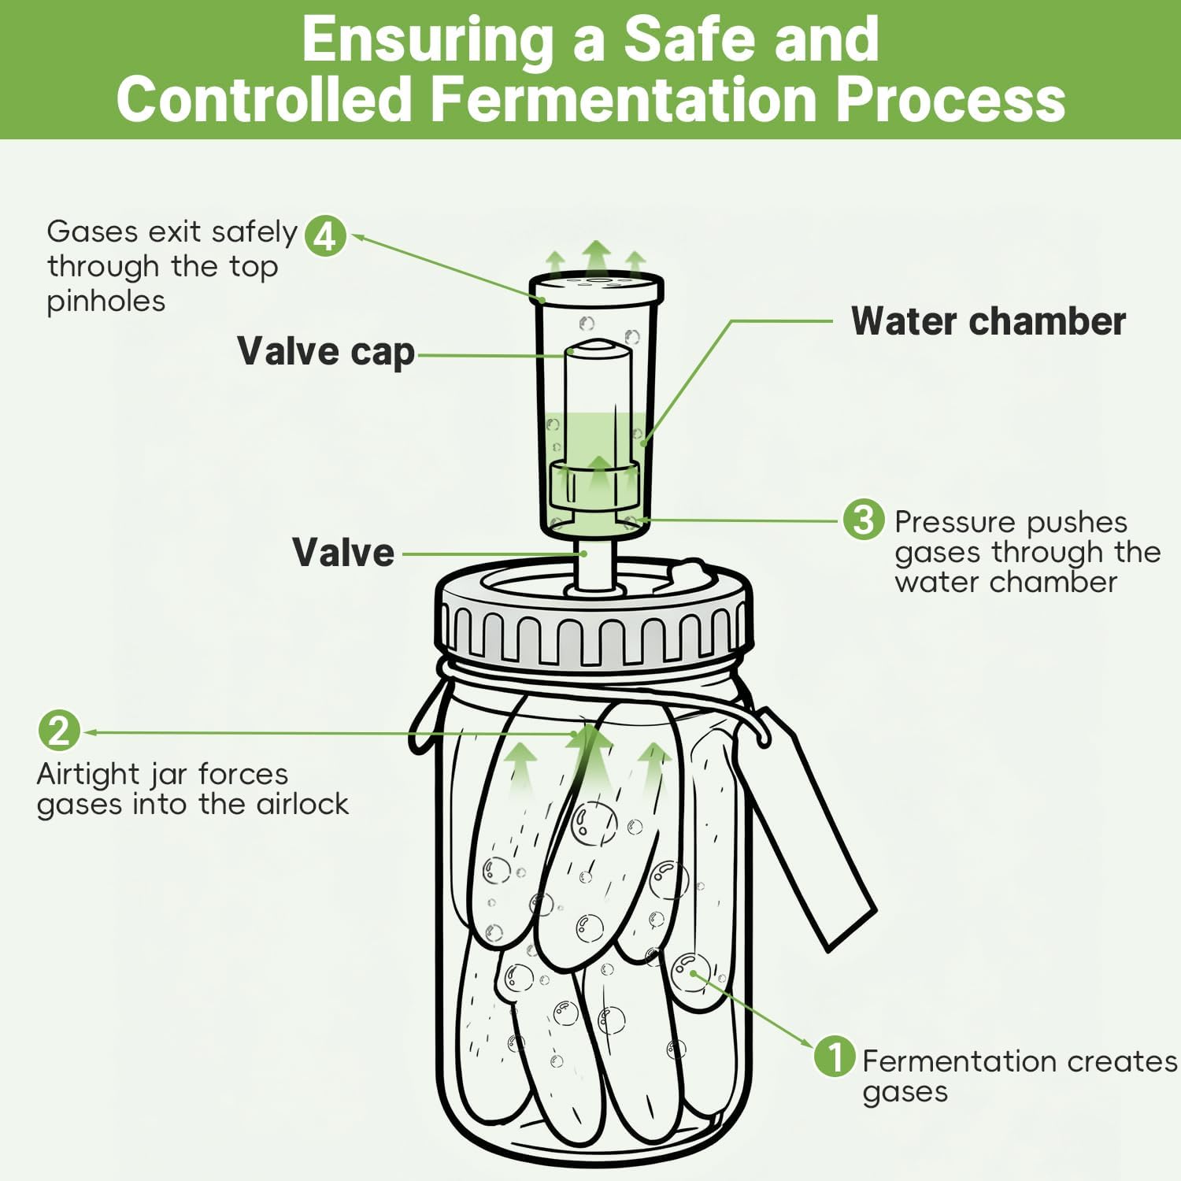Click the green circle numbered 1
click(x=835, y=1057)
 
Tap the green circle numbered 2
click(x=59, y=731)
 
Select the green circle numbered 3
click(x=864, y=520)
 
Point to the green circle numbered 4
click(x=325, y=235)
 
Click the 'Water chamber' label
click(x=988, y=321)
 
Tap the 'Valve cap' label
click(x=326, y=352)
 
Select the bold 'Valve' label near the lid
click(x=343, y=552)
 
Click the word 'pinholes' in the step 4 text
click(x=106, y=302)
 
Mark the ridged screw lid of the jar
click(x=594, y=630)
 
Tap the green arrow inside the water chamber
click(x=598, y=472)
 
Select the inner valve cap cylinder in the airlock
click(x=598, y=394)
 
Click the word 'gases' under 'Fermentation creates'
click(x=905, y=1093)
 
